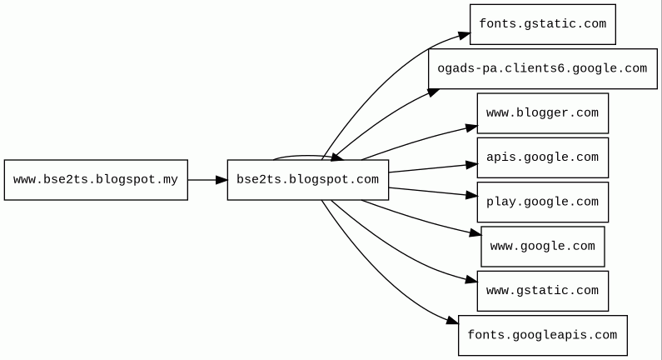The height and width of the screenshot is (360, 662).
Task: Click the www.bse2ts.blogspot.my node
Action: coord(96,180)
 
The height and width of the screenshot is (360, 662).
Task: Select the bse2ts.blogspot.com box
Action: coord(307,180)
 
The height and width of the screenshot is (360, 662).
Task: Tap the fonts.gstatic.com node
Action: coord(542,24)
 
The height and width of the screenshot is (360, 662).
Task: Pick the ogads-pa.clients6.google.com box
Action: coord(542,68)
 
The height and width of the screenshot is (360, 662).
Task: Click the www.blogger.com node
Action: coord(542,113)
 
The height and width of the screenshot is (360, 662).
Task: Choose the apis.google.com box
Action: coord(542,157)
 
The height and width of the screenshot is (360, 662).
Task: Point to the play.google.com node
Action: coord(542,202)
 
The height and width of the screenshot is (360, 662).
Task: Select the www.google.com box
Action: coord(542,247)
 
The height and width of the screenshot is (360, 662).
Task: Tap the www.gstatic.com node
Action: coord(542,291)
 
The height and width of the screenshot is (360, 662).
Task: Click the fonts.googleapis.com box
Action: coord(542,336)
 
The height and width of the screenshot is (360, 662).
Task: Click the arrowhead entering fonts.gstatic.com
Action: coord(464,35)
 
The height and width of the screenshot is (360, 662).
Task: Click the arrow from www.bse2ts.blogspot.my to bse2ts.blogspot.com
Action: coord(207,180)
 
